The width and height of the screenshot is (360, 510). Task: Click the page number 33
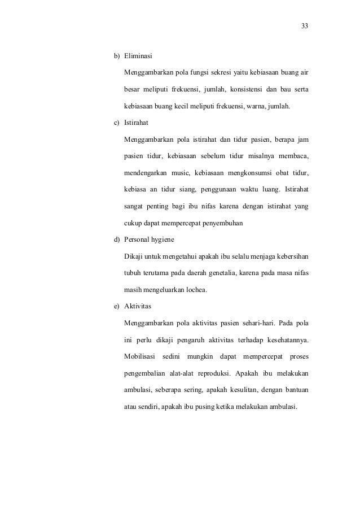(305, 26)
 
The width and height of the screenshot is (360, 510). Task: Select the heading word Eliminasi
(138, 56)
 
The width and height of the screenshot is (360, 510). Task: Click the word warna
(260, 106)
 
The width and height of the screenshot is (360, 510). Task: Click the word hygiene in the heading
(163, 239)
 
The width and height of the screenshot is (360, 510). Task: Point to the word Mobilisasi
(140, 356)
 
